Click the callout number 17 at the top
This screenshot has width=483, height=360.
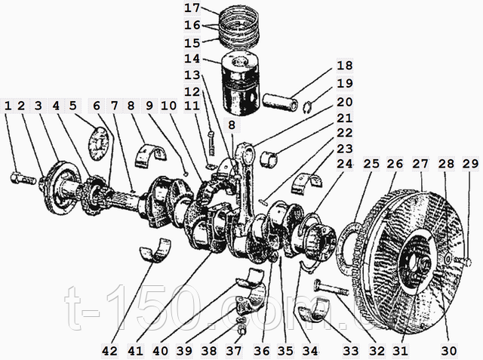coord(192,8)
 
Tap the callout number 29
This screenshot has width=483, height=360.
coord(470,164)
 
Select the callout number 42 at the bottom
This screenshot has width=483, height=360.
coord(110,351)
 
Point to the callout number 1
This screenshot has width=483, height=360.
coord(8,106)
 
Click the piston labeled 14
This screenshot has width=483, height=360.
coord(241,82)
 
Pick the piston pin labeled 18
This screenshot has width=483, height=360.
coord(280,102)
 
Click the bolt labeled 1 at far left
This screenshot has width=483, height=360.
coord(23,178)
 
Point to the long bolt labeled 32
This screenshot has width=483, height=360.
coord(331,288)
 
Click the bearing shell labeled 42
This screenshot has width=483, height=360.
coord(155,250)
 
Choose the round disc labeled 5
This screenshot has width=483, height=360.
coord(99,144)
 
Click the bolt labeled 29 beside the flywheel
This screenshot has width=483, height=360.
coord(461,263)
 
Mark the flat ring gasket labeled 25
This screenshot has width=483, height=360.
coord(349,248)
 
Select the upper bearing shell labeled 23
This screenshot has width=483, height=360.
coord(306,184)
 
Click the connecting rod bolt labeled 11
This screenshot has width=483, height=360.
coord(211,143)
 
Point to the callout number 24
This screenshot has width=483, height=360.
coord(344,164)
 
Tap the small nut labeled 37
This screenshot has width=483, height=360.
coord(242,331)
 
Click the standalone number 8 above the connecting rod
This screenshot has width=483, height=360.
coord(232,125)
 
